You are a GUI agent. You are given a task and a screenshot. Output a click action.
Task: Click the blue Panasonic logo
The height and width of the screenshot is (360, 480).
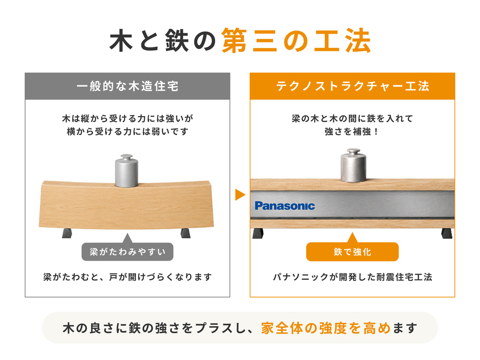285,206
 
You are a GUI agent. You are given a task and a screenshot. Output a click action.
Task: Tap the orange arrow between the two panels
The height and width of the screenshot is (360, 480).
240,195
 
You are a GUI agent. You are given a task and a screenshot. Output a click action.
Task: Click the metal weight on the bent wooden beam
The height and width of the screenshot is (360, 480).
127,171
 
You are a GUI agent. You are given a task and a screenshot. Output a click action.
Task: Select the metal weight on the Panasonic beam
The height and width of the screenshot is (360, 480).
353,165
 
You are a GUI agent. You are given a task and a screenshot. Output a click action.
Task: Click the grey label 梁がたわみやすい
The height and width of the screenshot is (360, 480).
127,252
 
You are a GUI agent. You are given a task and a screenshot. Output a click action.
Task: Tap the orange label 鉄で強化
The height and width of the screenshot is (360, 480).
352,252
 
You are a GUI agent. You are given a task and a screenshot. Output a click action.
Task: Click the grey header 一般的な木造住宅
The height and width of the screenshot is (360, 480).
127,86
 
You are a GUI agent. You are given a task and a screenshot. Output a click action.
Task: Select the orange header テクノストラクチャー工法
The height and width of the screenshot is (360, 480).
352,86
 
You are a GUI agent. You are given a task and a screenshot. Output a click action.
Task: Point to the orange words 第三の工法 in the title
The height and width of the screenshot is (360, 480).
296,41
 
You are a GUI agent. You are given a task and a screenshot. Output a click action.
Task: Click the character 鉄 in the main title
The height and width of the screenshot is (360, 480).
177,41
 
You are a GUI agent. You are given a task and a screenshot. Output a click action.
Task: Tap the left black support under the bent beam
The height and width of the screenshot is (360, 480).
67,233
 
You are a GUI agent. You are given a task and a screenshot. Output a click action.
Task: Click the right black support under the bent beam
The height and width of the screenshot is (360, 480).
185,233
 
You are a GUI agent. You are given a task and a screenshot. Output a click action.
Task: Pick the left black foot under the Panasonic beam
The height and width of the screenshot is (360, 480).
258,233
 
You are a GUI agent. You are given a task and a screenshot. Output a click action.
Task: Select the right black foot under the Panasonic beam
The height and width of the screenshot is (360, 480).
447,233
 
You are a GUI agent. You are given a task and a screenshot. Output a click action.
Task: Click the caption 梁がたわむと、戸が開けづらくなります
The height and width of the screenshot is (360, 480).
127,277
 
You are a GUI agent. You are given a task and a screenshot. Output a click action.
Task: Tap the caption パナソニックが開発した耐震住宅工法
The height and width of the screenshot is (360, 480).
352,277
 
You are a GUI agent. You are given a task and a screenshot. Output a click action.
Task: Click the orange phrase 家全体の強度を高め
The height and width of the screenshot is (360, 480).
326,328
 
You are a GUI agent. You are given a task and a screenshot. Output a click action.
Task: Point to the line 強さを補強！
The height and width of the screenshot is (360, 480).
352,132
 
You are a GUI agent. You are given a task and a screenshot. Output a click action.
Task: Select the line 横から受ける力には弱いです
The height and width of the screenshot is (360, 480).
127,132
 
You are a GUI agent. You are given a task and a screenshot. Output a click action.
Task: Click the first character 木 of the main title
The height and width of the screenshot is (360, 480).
121,41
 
